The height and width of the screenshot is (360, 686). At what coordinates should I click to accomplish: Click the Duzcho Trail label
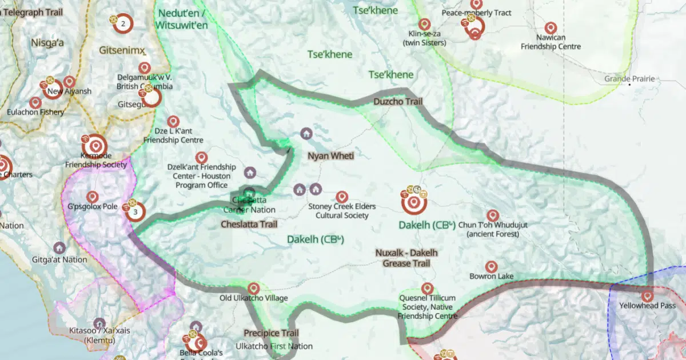coord(398,101)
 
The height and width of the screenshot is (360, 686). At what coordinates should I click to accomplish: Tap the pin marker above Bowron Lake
coord(491,267)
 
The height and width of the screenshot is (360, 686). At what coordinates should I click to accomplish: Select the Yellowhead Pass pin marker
coord(647,296)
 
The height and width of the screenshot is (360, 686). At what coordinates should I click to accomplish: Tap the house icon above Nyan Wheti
coord(306,134)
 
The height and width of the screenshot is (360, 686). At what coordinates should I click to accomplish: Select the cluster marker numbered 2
coord(122,23)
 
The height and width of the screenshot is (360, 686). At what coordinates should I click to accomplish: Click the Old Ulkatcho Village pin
coord(253,288)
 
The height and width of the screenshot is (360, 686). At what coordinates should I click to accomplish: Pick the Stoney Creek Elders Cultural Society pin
coord(342,197)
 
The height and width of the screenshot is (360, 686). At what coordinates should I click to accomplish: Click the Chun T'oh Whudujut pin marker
coord(493,215)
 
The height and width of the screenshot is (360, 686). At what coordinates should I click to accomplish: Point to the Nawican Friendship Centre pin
coord(551,27)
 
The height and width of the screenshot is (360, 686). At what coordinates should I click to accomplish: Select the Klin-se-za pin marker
coord(424,24)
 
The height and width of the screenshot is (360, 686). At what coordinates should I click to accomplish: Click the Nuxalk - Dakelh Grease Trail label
coord(406,258)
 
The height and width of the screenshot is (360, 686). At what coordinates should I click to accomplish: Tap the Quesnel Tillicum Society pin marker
coord(427,289)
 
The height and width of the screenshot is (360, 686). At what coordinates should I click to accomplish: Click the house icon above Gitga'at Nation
coord(59,247)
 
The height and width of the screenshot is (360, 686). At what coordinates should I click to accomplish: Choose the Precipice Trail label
coord(271,333)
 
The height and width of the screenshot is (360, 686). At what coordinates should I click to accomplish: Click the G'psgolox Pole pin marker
coord(92,197)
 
